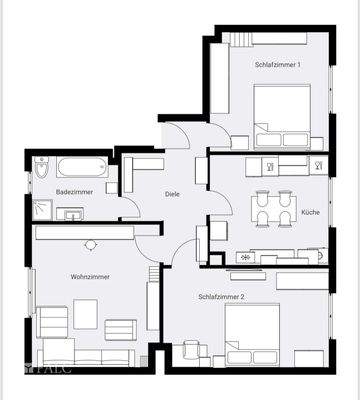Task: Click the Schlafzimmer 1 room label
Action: point(277,64)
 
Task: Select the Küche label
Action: point(311,213)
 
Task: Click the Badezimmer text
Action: point(75,190)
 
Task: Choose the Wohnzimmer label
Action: point(90,276)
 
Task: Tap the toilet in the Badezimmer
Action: point(42,168)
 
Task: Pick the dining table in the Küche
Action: point(272,210)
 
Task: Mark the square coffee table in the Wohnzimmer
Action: point(85,314)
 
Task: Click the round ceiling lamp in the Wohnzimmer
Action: point(90,244)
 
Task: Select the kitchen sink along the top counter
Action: point(318,166)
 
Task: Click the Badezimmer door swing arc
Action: point(130,207)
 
